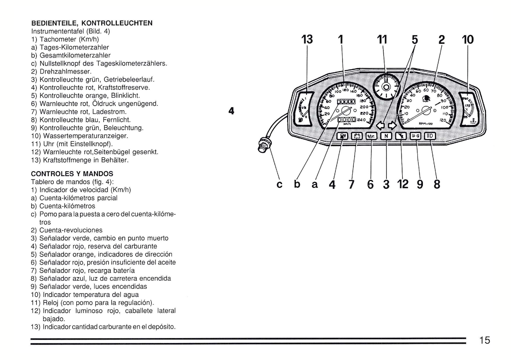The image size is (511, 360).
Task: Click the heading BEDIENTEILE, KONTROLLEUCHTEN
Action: tap(92, 23)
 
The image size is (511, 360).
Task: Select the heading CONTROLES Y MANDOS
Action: tap(72, 174)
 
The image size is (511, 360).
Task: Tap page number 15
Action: tap(484, 340)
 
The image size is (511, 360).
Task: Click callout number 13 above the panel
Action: tap(307, 39)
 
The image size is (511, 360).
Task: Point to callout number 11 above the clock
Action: tap(382, 39)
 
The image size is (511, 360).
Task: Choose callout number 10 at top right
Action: tap(468, 39)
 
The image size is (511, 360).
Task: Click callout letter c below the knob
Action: tap(280, 185)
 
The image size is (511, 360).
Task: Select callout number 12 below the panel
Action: tap(403, 184)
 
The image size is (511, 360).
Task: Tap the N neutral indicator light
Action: tap(386, 136)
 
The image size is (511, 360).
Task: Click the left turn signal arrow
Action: tap(381, 125)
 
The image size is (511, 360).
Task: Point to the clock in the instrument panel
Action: tap(386, 87)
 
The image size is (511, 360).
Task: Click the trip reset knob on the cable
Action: tap(263, 145)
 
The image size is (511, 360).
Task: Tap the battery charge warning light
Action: tap(357, 136)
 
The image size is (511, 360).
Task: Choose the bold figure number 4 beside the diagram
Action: tap(231, 111)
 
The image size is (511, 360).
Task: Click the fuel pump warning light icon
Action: tap(343, 136)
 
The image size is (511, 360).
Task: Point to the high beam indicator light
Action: tap(430, 136)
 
